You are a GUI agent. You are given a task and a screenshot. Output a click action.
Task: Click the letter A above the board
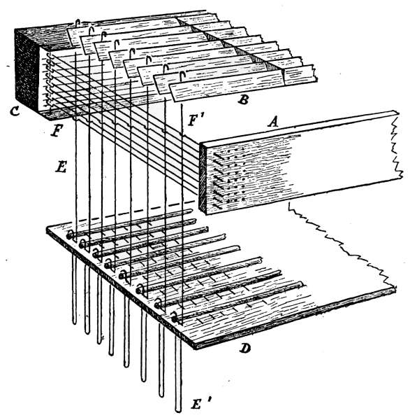(273, 122)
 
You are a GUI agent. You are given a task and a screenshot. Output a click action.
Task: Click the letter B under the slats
(244, 99)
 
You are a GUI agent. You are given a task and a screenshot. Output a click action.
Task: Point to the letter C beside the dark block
(15, 111)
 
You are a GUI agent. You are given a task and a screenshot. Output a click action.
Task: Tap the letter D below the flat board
(245, 348)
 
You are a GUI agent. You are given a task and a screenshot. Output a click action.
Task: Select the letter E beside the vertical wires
(61, 167)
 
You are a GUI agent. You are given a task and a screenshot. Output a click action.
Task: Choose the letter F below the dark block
(57, 131)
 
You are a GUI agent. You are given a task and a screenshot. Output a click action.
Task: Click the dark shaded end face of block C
(27, 70)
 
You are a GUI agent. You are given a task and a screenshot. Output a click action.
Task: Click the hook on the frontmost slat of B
(182, 76)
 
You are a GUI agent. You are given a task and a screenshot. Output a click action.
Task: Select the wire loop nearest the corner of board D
(175, 317)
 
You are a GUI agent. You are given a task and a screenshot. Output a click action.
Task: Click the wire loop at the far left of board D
(70, 235)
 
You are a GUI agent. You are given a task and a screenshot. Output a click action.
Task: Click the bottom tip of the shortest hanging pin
(75, 323)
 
